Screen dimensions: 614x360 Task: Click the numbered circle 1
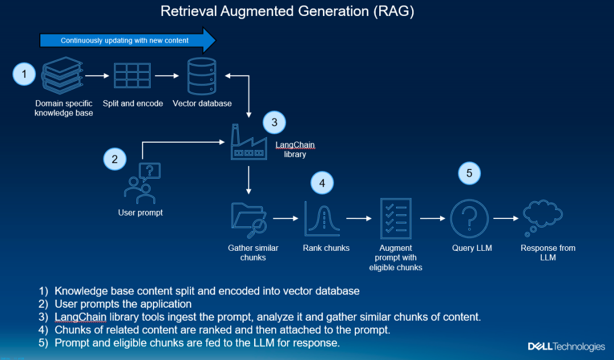[24, 74]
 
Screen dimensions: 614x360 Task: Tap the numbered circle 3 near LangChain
[275, 122]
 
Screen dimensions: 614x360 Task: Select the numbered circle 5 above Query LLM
[469, 173]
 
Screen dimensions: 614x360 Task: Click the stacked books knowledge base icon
[63, 76]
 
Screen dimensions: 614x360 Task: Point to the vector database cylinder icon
[202, 76]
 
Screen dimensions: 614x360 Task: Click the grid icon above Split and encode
[132, 76]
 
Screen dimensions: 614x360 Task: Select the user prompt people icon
[142, 183]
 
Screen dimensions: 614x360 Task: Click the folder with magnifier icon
[249, 220]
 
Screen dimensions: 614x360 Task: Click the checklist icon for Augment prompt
[396, 218]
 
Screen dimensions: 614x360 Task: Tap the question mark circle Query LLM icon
[469, 218]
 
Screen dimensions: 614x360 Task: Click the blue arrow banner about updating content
[128, 40]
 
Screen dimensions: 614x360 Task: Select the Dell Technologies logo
[566, 347]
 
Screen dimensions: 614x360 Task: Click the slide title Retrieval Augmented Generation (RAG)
[287, 11]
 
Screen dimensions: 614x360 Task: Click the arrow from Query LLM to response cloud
[506, 218]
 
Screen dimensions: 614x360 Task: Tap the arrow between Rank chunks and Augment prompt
[359, 218]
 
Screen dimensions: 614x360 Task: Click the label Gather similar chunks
[253, 253]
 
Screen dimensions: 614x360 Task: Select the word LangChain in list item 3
[80, 317]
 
